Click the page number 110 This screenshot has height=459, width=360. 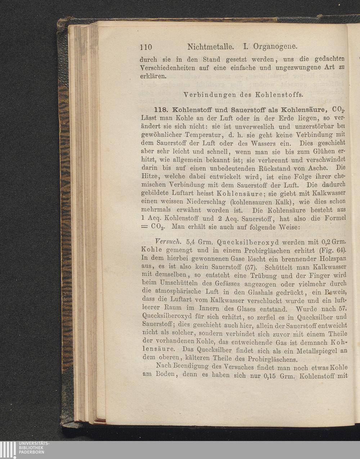pyautogui.click(x=146, y=47)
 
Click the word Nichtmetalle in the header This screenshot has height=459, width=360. pyautogui.click(x=211, y=46)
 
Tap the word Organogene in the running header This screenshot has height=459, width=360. pyautogui.click(x=275, y=46)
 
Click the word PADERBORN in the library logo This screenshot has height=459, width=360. pyautogui.click(x=31, y=452)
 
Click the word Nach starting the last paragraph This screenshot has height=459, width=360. pyautogui.click(x=163, y=367)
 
